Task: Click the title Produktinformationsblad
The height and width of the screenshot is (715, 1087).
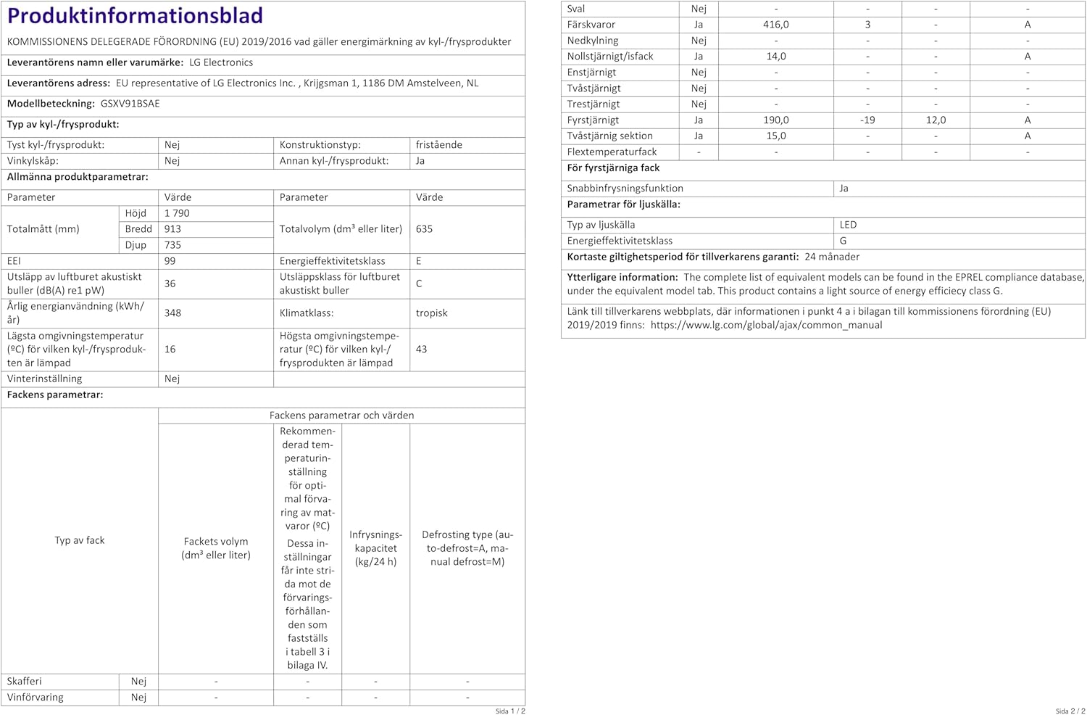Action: tap(135, 16)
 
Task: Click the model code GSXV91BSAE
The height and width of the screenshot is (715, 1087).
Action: tap(130, 104)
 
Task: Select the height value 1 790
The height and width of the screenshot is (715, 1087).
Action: tap(177, 213)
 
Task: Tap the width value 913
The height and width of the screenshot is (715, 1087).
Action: tap(172, 229)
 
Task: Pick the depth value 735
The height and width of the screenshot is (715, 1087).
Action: tap(172, 245)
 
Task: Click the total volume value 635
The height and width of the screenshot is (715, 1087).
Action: tap(424, 229)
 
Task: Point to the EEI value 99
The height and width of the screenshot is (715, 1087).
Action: tap(170, 261)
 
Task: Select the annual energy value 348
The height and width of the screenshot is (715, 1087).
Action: tap(172, 313)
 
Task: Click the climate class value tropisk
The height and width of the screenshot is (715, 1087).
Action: tap(431, 313)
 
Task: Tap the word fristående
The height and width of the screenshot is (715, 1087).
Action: tap(438, 145)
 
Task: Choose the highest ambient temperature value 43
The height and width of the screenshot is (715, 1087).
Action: tap(421, 350)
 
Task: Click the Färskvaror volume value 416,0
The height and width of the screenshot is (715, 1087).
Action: tap(775, 25)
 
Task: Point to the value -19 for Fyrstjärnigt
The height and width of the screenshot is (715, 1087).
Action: tap(867, 120)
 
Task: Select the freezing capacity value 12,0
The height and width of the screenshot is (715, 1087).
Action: tap(936, 120)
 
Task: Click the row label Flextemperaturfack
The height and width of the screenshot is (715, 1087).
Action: tap(612, 152)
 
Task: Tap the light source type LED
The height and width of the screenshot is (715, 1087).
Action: tap(848, 225)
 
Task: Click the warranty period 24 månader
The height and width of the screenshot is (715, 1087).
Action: tap(832, 257)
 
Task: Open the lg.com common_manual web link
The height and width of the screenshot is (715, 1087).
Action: tap(766, 326)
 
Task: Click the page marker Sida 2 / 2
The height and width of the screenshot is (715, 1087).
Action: tap(1070, 711)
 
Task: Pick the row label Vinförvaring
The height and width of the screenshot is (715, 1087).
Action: tap(35, 698)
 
